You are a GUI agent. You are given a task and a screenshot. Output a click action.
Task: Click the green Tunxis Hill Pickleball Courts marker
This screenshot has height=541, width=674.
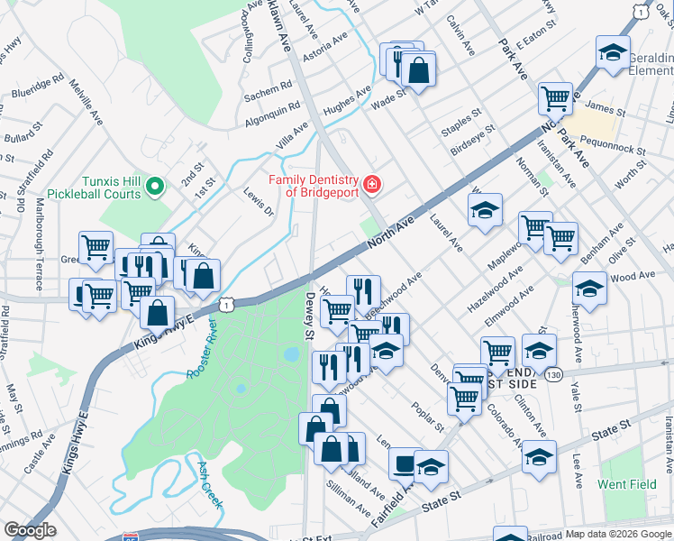(x=154, y=187)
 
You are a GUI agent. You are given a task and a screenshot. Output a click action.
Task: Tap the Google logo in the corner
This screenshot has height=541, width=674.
(x=30, y=530)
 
